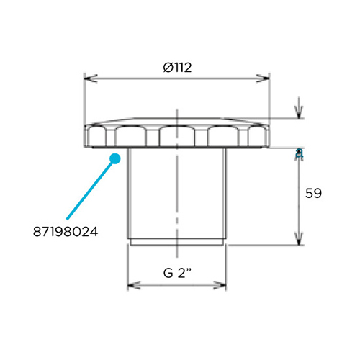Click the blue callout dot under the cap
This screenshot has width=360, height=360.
click(113, 158)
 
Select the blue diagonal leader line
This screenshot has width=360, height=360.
click(89, 189)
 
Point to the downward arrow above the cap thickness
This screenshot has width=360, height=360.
click(297, 113)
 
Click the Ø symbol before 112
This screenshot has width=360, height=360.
click(166, 68)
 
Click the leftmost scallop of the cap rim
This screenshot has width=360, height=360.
click(94, 135)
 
